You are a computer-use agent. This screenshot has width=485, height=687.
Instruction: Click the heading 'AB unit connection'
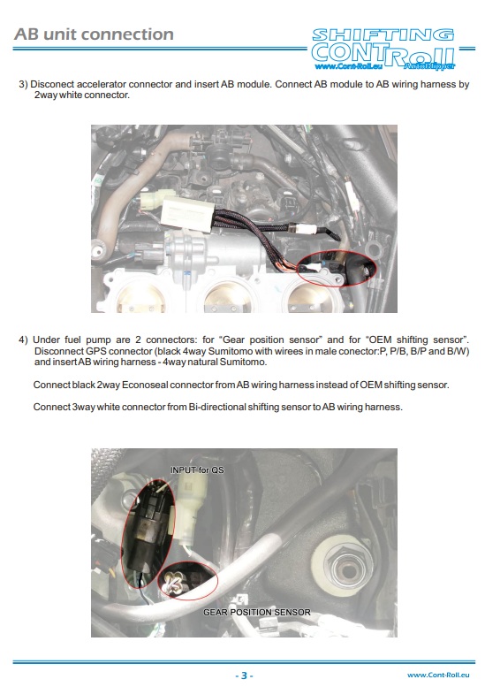[95, 34]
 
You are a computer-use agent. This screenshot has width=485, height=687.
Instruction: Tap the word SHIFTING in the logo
[383, 35]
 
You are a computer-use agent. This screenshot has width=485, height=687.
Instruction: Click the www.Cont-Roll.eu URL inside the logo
[346, 65]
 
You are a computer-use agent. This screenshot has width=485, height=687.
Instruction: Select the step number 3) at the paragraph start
[24, 85]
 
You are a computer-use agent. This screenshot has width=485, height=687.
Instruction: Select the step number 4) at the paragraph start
[24, 340]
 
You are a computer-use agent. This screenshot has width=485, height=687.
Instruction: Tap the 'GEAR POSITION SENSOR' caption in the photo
[257, 611]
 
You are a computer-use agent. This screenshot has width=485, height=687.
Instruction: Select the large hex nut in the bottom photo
[341, 560]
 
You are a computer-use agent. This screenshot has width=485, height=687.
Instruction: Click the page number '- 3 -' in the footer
[244, 675]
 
